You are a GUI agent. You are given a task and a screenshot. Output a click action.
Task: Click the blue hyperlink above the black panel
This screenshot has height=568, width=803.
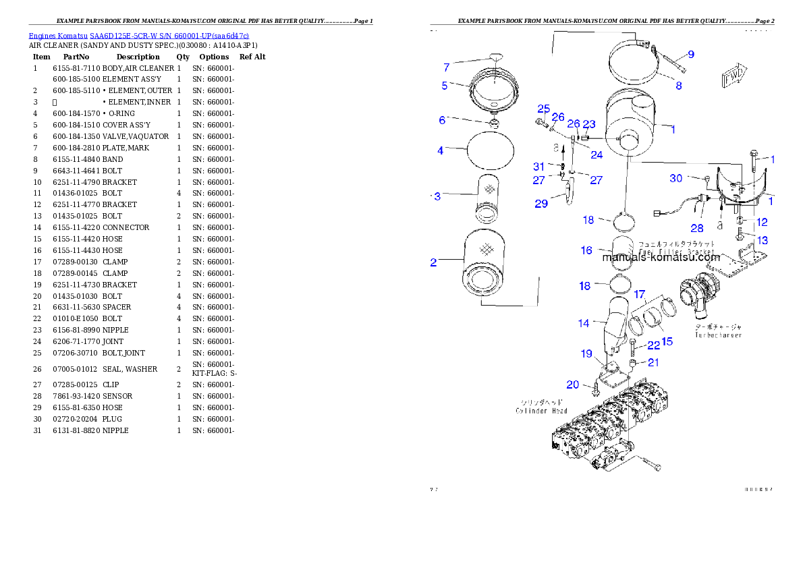click(x=138, y=35)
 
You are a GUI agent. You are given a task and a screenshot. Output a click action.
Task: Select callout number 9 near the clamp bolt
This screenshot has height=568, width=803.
click(x=690, y=54)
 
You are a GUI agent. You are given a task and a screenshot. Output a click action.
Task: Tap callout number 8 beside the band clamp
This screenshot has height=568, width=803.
click(x=678, y=86)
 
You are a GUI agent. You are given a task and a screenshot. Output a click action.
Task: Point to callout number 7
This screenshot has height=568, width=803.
click(x=446, y=67)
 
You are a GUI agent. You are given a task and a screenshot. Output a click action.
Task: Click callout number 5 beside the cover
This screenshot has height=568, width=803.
click(x=445, y=86)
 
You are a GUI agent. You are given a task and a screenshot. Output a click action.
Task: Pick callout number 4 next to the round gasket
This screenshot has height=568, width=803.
click(x=440, y=150)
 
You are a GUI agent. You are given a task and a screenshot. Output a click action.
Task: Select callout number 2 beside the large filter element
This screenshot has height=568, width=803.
click(x=434, y=262)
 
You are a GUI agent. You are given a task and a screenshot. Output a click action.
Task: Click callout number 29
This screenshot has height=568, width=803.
click(x=541, y=203)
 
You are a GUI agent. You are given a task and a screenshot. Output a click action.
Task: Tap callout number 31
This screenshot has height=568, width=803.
click(x=538, y=167)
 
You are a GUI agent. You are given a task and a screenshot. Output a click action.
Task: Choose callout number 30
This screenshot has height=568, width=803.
click(x=676, y=178)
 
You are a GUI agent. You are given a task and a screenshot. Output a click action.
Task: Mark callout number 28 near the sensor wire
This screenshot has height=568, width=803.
click(x=697, y=228)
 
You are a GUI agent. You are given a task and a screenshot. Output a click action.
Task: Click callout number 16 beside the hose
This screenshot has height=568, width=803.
click(x=586, y=250)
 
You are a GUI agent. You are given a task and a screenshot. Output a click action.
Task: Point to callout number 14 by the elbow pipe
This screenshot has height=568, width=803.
click(x=583, y=323)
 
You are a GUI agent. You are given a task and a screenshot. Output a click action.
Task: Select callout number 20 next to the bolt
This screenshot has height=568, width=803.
click(x=572, y=385)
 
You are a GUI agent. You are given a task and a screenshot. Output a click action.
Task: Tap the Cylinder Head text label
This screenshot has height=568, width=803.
click(x=541, y=410)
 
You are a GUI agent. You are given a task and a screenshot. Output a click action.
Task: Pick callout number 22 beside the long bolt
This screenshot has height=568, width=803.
click(x=653, y=345)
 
